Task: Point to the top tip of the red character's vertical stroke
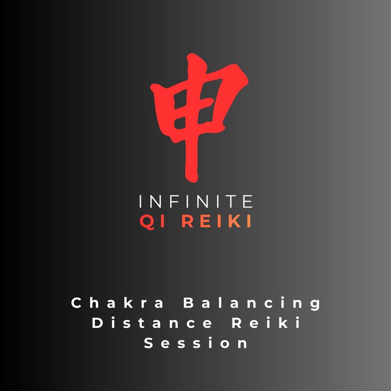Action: tap(191, 54)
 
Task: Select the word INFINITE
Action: tap(196, 201)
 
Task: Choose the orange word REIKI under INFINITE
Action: tap(216, 222)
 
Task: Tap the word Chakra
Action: tap(117, 303)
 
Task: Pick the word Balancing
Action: tap(252, 303)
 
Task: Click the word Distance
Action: tap(152, 323)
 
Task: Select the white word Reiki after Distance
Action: tap(266, 323)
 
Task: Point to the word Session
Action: tap(196, 343)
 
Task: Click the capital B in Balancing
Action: tap(189, 303)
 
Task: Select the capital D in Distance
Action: tap(97, 323)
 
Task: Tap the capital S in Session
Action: tap(149, 343)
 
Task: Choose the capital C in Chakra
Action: tap(77, 303)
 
